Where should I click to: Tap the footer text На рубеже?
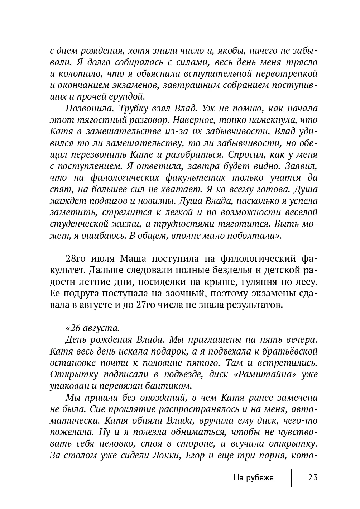tap(253, 478)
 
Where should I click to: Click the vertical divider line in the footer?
tap(291, 478)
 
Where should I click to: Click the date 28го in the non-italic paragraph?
tap(75, 259)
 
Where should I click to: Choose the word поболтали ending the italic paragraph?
tap(253, 236)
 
